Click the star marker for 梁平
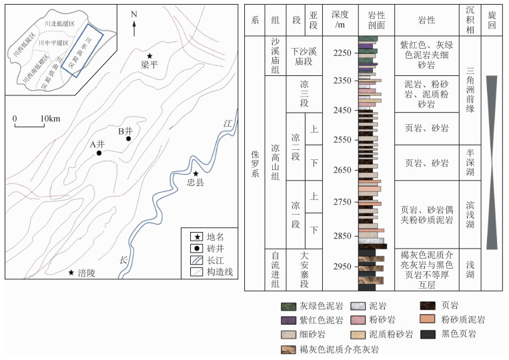(x=150, y=56)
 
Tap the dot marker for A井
(x=99, y=153)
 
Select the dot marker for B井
(x=128, y=139)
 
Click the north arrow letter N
(x=134, y=14)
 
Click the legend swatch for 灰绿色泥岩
(x=290, y=307)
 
